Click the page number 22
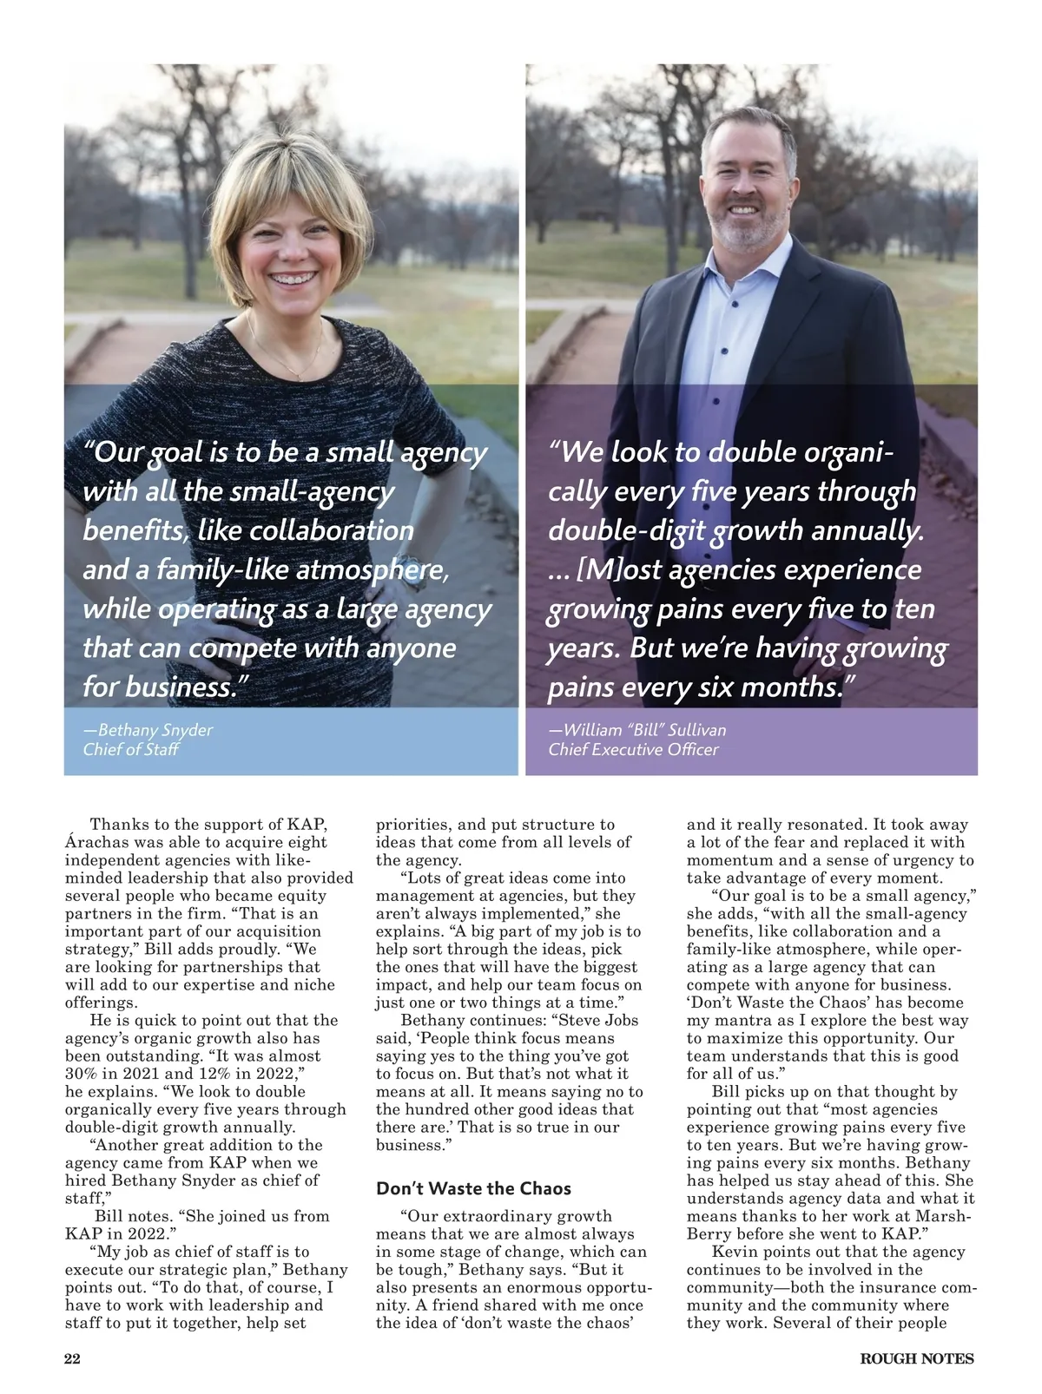pos(73,1359)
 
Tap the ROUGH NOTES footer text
pos(917,1359)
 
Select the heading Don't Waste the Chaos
pos(474,1188)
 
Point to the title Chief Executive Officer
pos(633,750)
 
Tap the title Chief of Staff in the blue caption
pos(130,750)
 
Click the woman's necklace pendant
pos(298,374)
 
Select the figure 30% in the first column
pos(82,1074)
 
